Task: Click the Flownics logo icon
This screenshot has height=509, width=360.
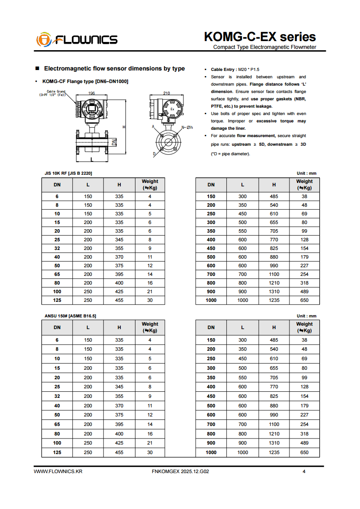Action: click(43, 39)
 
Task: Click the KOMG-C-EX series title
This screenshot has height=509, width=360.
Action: click(260, 37)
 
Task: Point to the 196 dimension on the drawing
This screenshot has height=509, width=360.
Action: click(91, 93)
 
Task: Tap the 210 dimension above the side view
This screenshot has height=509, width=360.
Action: click(167, 93)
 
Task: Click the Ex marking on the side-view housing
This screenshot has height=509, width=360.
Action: click(172, 109)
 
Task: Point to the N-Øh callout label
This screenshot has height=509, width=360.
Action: click(187, 127)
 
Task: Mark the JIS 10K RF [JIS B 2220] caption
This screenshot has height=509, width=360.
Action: click(68, 173)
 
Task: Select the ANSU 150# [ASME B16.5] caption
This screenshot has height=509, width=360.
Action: click(71, 316)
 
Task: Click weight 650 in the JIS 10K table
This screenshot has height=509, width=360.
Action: click(304, 300)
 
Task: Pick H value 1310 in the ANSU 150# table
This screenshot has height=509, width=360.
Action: click(274, 443)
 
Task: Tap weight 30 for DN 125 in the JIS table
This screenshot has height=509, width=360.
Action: click(150, 300)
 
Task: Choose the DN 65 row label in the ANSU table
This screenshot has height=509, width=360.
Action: click(57, 424)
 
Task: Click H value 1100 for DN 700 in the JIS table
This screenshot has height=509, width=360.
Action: click(274, 274)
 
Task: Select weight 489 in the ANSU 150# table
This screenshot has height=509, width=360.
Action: click(304, 443)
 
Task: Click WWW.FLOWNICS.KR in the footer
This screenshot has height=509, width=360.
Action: click(58, 471)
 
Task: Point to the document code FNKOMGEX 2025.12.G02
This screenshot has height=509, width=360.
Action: click(181, 471)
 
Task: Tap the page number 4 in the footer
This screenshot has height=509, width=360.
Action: click(304, 471)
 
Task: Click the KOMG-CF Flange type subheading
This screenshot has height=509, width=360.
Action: click(85, 81)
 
